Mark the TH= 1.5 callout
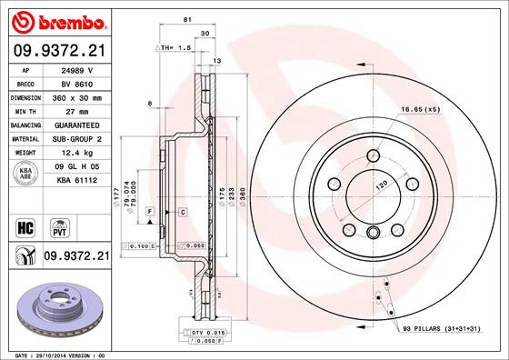[175, 45]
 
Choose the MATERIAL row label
[24, 138]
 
